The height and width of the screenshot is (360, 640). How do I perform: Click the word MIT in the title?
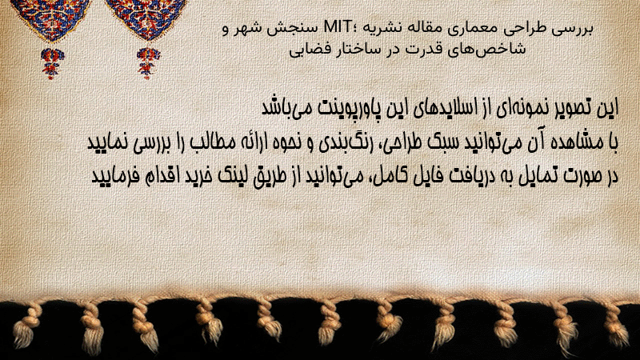(337, 27)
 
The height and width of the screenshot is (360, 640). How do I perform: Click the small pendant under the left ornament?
(52, 63)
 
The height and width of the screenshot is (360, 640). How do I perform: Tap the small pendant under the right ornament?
(148, 63)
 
